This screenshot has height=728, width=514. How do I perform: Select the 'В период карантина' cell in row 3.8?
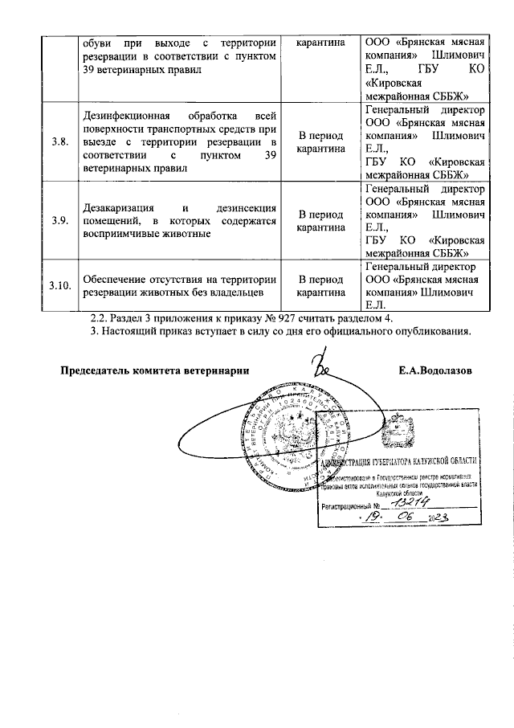(320, 141)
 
